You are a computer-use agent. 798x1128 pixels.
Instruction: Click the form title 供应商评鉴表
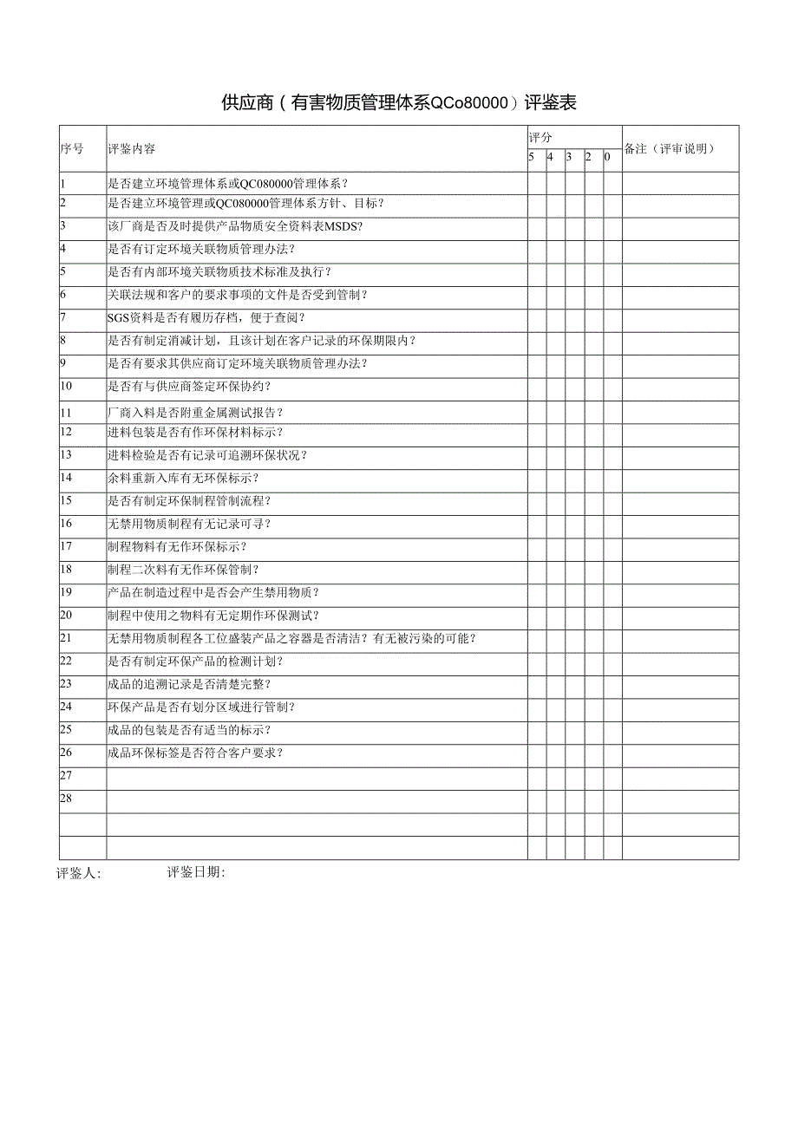[x=399, y=103]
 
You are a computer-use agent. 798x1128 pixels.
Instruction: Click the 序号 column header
[x=71, y=148]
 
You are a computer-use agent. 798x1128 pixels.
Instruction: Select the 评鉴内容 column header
[x=132, y=148]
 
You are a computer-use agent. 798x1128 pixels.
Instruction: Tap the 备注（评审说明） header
[x=670, y=148]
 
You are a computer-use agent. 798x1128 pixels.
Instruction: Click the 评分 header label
[x=540, y=138]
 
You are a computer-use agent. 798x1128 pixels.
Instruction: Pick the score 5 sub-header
[x=532, y=157]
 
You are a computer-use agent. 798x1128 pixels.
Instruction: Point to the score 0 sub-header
[x=607, y=157]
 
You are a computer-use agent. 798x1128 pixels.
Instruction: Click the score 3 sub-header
[x=569, y=157]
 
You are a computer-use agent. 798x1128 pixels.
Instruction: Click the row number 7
[x=63, y=317]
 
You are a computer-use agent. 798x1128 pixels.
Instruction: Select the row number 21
[x=66, y=638]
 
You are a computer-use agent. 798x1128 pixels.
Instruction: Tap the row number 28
[x=66, y=799]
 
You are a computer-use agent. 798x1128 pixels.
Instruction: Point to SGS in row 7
[x=118, y=317]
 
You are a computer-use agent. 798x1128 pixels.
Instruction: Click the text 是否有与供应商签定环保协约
[x=189, y=386]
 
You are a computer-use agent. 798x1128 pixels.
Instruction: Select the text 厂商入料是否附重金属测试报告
[x=194, y=412]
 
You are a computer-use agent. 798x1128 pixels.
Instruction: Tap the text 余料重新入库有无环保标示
[x=183, y=478]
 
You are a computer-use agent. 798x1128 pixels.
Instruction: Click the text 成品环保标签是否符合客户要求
[x=194, y=753]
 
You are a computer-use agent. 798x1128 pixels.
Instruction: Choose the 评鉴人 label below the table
[x=78, y=874]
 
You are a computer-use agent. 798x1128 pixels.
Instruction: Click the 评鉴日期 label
[x=196, y=873]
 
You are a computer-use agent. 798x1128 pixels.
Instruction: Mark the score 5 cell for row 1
[x=536, y=183]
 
